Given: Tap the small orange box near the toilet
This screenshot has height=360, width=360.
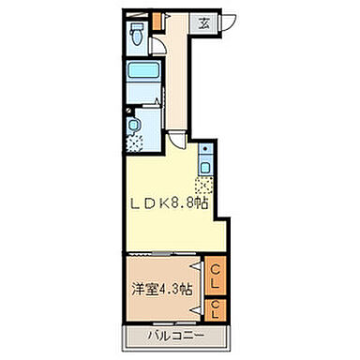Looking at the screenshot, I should [157, 20].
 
